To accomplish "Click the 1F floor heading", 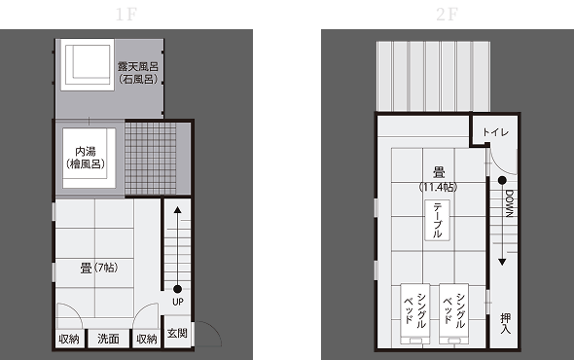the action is click(126, 15).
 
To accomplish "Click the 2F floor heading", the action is click(447, 15).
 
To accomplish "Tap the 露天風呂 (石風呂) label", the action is click(138, 73).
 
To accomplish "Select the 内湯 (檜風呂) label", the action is click(86, 158).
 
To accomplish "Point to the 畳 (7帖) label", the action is click(99, 268).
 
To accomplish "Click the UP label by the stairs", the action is click(178, 302).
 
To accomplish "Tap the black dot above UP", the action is click(177, 289).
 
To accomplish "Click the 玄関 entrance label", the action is click(177, 333).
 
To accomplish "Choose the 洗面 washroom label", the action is click(108, 339).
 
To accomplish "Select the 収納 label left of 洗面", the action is click(69, 340).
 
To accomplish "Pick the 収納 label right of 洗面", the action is click(147, 340).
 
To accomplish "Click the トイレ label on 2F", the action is click(495, 132).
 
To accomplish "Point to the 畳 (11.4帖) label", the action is click(438, 179).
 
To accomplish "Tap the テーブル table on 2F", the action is click(437, 220).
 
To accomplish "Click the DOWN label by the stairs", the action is click(509, 203).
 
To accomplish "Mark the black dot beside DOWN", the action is click(502, 180).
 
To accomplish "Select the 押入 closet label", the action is click(506, 323).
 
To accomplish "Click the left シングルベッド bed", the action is click(415, 313).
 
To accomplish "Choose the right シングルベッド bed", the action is click(454, 313).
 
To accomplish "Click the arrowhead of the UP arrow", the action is click(177, 210).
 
